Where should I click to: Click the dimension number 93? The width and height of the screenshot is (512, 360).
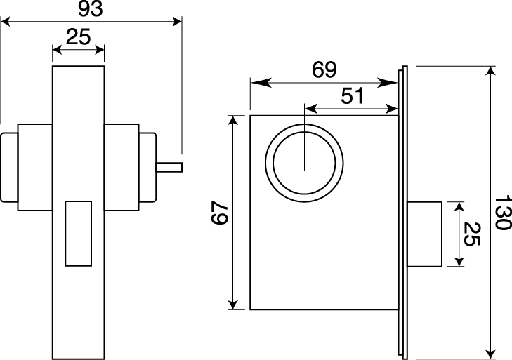pyautogui.click(x=91, y=9)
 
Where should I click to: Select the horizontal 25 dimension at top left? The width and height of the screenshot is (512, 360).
pyautogui.click(x=78, y=36)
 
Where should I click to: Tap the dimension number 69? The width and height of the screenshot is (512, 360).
pyautogui.click(x=324, y=69)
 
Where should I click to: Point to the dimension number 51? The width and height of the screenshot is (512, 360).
pyautogui.click(x=352, y=96)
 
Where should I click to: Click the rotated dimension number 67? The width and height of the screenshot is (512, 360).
pyautogui.click(x=219, y=213)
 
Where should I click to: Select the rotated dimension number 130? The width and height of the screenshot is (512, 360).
pyautogui.click(x=503, y=213)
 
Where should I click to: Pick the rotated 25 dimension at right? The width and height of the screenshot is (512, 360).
pyautogui.click(x=472, y=234)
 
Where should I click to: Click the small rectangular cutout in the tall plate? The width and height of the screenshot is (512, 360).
pyautogui.click(x=79, y=234)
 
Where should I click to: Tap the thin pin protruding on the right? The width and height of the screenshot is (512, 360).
pyautogui.click(x=169, y=167)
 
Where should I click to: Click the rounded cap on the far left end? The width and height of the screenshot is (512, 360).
pyautogui.click(x=9, y=167)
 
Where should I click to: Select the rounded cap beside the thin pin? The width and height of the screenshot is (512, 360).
pyautogui.click(x=147, y=167)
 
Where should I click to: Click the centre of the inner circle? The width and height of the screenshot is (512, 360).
pyautogui.click(x=304, y=164)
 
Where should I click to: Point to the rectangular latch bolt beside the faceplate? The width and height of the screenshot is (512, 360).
pyautogui.click(x=425, y=234)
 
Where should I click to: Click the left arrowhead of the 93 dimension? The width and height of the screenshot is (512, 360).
pyautogui.click(x=6, y=22)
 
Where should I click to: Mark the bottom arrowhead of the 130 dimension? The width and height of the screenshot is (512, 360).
pyautogui.click(x=490, y=354)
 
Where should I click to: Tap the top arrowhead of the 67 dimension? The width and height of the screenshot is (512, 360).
pyautogui.click(x=232, y=121)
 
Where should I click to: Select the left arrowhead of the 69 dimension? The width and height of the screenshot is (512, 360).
pyautogui.click(x=261, y=83)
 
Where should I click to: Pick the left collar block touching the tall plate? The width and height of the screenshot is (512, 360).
pyautogui.click(x=35, y=167)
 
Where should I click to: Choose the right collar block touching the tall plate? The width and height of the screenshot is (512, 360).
pyautogui.click(x=122, y=167)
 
